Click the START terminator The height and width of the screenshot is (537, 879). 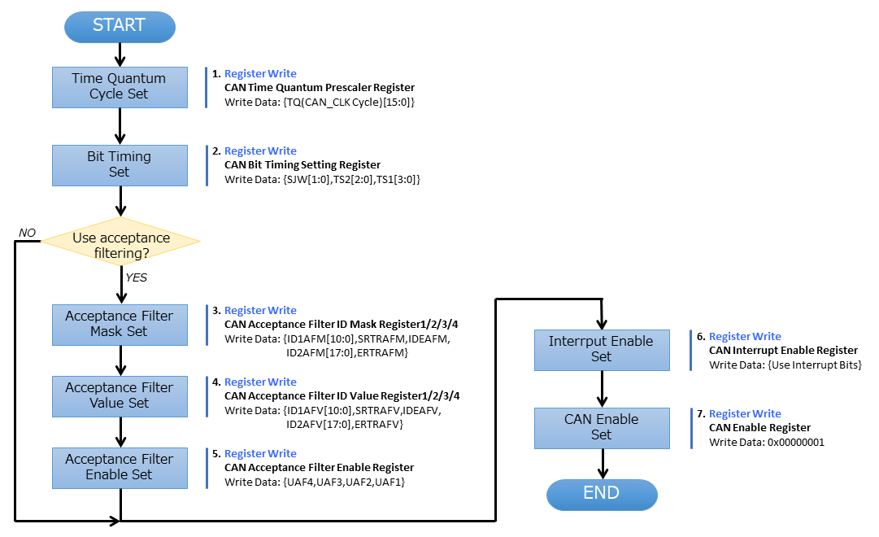pyautogui.click(x=120, y=26)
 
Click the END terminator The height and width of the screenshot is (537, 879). pyautogui.click(x=601, y=493)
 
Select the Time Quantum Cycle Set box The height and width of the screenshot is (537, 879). pyautogui.click(x=120, y=86)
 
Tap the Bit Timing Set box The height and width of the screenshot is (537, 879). pyautogui.click(x=120, y=164)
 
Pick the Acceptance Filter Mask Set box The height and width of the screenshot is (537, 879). pyautogui.click(x=120, y=324)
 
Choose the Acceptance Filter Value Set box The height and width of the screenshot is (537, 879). pyautogui.click(x=120, y=395)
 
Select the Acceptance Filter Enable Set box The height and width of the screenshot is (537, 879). pyautogui.click(x=120, y=467)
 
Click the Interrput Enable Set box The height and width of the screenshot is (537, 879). pyautogui.click(x=601, y=349)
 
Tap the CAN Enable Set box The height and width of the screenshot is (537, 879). pyautogui.click(x=601, y=427)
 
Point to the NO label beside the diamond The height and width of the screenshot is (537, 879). pyautogui.click(x=28, y=234)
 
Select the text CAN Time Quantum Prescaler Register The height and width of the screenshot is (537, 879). pyautogui.click(x=319, y=88)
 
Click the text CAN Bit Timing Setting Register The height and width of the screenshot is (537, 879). pyautogui.click(x=302, y=165)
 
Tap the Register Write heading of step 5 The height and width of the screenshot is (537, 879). pyautogui.click(x=260, y=454)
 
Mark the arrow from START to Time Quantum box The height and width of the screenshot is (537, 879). pyautogui.click(x=120, y=55)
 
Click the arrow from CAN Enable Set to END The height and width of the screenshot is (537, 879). pyautogui.click(x=603, y=464)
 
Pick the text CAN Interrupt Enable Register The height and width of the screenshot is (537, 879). pyautogui.click(x=783, y=351)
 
